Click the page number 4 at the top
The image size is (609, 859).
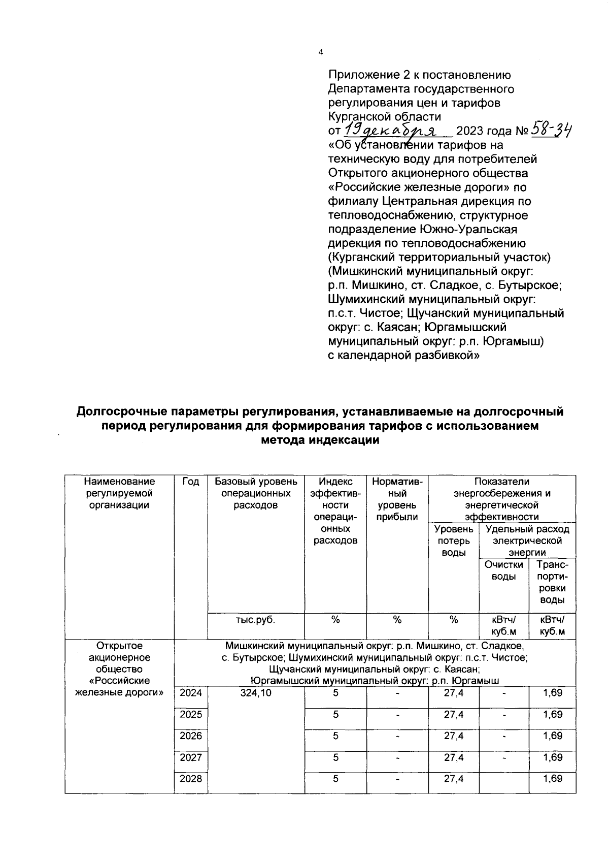pyautogui.click(x=320, y=52)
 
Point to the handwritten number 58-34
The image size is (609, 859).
pyautogui.click(x=551, y=131)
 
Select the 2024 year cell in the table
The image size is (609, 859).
pyautogui.click(x=191, y=693)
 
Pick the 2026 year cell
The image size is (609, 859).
pyautogui.click(x=191, y=736)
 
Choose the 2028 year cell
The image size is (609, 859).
pyautogui.click(x=191, y=778)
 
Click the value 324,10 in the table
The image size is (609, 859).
pyautogui.click(x=256, y=693)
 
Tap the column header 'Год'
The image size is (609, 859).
pyautogui.click(x=191, y=482)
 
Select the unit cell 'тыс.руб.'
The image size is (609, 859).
pyautogui.click(x=256, y=620)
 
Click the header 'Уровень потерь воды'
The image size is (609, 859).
pyautogui.click(x=454, y=541)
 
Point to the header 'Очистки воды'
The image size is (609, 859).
pyautogui.click(x=503, y=570)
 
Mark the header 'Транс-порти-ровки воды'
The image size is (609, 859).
pyautogui.click(x=552, y=582)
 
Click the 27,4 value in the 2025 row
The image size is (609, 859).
pyautogui.click(x=454, y=714)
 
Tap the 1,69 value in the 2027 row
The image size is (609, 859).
pyautogui.click(x=552, y=757)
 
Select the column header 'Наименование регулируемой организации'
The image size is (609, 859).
pyautogui.click(x=119, y=493)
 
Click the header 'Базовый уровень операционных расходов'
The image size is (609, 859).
pyautogui.click(x=256, y=493)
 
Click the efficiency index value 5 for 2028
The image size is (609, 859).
pyautogui.click(x=335, y=778)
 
